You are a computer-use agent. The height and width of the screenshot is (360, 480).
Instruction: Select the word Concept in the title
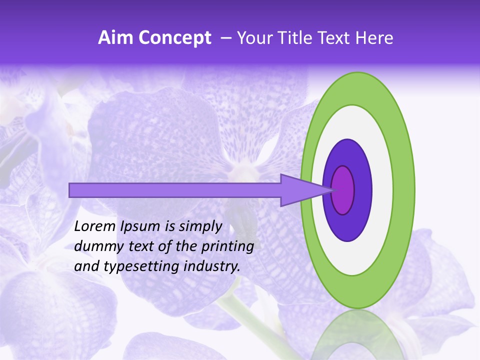pyautogui.click(x=174, y=38)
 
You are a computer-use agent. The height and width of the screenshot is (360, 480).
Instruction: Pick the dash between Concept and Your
pyautogui.click(x=225, y=38)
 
